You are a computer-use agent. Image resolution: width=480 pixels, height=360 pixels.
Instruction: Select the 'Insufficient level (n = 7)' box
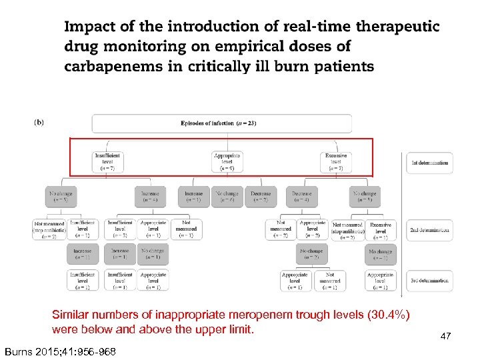pos(107,162)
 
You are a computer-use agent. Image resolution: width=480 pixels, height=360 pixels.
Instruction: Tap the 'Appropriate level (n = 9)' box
pos(227,162)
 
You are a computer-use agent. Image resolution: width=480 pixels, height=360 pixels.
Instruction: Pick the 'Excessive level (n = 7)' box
pos(336,162)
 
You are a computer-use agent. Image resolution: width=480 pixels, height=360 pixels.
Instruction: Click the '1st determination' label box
pos(429,163)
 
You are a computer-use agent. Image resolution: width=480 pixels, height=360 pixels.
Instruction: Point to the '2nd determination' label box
pos(429,231)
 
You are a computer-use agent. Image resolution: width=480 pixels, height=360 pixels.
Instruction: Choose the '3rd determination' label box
pos(429,281)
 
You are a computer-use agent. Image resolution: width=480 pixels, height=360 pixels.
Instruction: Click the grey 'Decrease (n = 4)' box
pos(301,197)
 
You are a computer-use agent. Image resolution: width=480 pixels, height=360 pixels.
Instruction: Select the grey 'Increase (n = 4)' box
pos(150,197)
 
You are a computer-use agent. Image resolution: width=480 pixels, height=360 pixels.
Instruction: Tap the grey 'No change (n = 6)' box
pos(228,197)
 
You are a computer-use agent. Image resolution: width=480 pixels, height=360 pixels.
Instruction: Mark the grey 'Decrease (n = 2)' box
pos(261,197)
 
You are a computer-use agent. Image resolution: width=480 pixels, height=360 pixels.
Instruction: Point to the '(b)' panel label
pos(39,123)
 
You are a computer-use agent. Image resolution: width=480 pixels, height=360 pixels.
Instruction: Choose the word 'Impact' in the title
pos(89,27)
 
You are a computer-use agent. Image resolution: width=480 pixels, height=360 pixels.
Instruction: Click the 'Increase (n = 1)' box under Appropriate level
pos(193,197)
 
